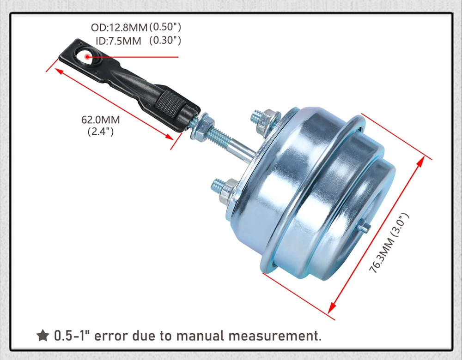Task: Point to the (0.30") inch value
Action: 165,41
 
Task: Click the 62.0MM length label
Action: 100,120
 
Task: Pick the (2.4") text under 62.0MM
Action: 100,132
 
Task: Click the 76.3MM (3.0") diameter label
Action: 389,243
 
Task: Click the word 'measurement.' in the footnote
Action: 277,336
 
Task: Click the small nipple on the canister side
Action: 365,227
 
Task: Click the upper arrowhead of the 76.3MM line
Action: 421,161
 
